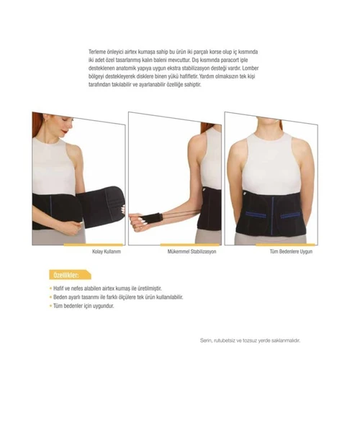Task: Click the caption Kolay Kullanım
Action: point(106,252)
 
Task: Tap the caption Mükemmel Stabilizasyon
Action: point(192,252)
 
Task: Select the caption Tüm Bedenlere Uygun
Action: point(291,252)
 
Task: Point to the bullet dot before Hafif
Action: point(50,288)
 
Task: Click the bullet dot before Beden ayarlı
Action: point(50,296)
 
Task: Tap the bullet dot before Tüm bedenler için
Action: point(50,305)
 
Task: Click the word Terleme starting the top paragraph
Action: point(97,53)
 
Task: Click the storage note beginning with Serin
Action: point(249,340)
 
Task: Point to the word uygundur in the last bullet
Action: point(102,305)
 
